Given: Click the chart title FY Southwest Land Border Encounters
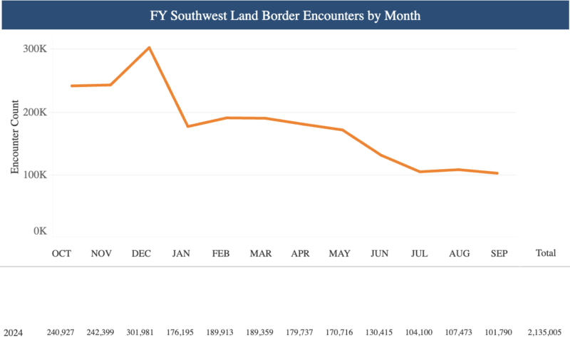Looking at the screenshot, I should [285, 15].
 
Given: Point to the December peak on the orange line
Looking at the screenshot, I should [149, 48].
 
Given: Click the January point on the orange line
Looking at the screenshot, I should [188, 126].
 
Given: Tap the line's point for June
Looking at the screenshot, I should [381, 155].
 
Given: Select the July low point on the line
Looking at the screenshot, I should [420, 172].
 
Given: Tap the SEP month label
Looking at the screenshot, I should [497, 253].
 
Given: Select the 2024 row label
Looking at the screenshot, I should [14, 333].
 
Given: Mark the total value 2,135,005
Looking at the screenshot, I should [545, 333].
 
